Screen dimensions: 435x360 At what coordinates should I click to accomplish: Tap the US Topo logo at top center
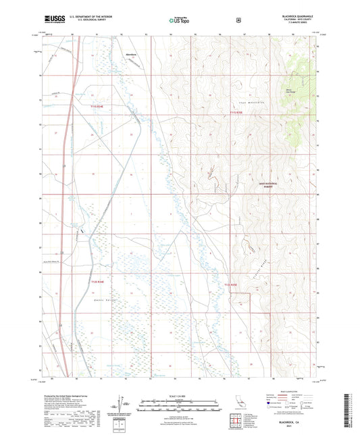pyautogui.click(x=179, y=21)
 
